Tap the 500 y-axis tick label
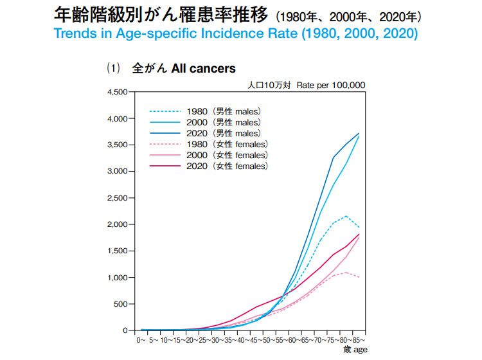click(121, 304)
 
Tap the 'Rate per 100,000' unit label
click(331, 84)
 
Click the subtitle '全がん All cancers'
click(184, 68)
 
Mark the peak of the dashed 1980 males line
click(346, 216)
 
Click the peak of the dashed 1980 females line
click(346, 273)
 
